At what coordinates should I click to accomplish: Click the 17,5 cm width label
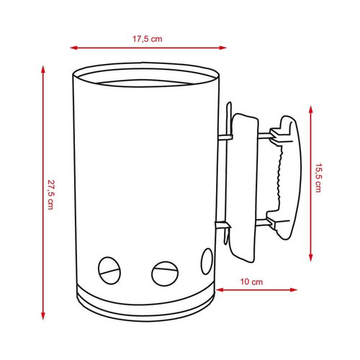pyautogui.click(x=148, y=39)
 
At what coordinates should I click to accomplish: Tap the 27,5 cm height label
pyautogui.click(x=50, y=194)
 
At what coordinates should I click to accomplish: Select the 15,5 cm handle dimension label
pyautogui.click(x=318, y=178)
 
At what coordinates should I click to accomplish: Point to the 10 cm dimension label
pyautogui.click(x=251, y=282)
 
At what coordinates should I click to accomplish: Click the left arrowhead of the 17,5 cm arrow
pyautogui.click(x=73, y=48)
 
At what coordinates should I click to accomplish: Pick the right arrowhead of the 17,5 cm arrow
pyautogui.click(x=223, y=48)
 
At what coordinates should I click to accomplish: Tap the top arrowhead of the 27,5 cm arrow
pyautogui.click(x=43, y=69)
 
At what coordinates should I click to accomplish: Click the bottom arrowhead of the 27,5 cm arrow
pyautogui.click(x=43, y=316)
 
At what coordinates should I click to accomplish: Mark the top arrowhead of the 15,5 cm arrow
pyautogui.click(x=310, y=109)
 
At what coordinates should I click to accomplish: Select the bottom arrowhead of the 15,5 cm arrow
pyautogui.click(x=310, y=258)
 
